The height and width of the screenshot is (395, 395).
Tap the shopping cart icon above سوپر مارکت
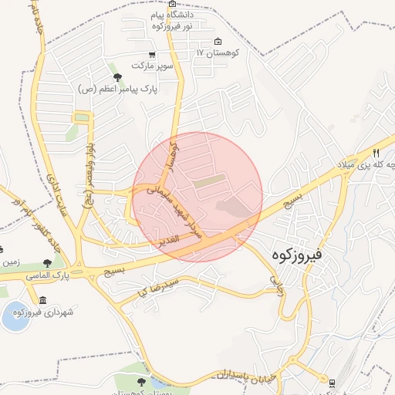152,55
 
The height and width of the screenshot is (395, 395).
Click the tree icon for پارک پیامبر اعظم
117,77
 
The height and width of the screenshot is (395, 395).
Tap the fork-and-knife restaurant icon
376,153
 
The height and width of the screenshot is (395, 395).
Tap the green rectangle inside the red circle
211,183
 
